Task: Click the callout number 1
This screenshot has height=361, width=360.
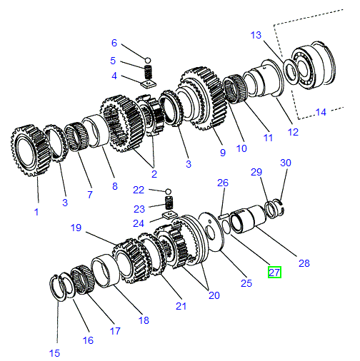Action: point(36,211)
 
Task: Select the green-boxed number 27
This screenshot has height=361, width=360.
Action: point(275,272)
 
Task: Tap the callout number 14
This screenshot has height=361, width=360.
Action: point(320,112)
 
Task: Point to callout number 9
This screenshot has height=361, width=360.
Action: point(222,152)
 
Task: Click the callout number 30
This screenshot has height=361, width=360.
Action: point(286,163)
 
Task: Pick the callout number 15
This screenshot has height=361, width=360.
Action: point(55,353)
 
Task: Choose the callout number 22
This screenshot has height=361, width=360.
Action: point(138,190)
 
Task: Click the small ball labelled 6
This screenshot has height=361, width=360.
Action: point(148,59)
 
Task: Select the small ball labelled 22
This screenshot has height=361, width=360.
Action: point(168,191)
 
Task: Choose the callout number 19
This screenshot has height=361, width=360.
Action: point(76,228)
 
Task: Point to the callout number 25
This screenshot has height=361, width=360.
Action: point(246,283)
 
